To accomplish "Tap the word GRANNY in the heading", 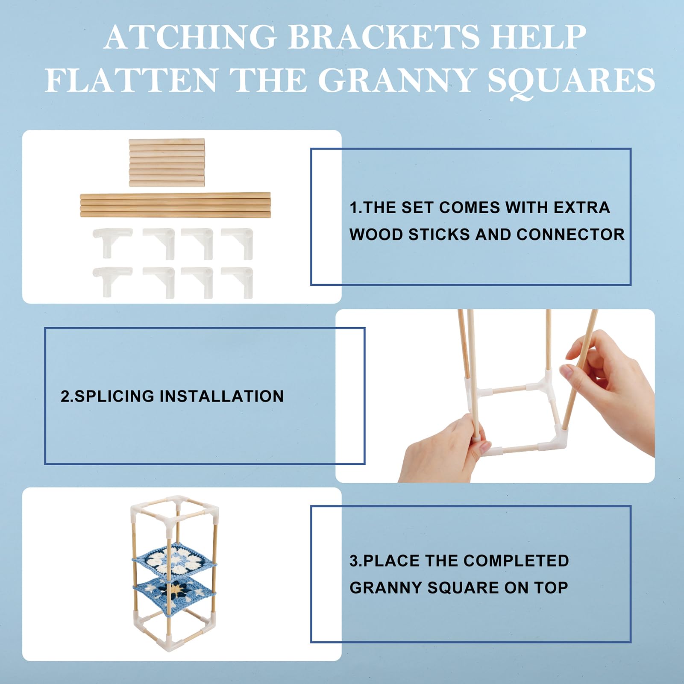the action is tap(397, 80).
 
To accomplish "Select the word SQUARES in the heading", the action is tap(571, 82).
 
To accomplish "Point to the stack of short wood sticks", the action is tap(167, 162).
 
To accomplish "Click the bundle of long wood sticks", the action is tap(175, 205).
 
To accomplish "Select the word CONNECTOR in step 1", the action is tap(570, 235).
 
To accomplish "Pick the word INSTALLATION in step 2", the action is tap(222, 396).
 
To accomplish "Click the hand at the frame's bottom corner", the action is tap(444, 451).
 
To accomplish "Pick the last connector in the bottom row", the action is tap(238, 282).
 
